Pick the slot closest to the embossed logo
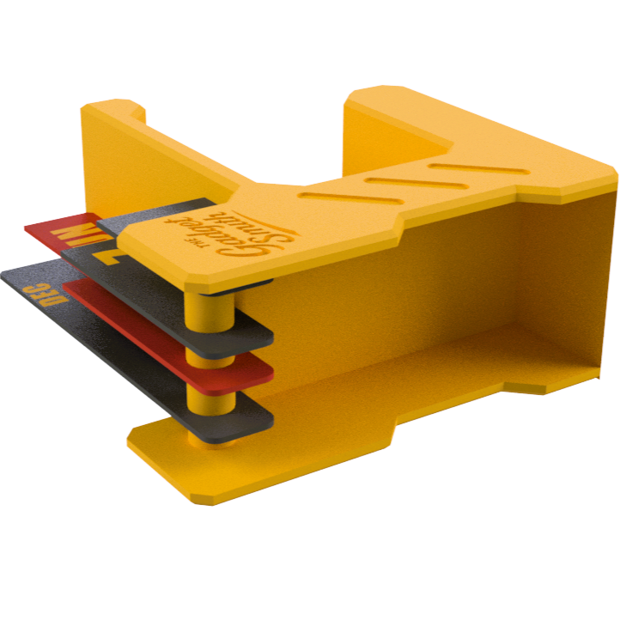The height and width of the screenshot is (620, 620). pyautogui.click(x=322, y=197)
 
